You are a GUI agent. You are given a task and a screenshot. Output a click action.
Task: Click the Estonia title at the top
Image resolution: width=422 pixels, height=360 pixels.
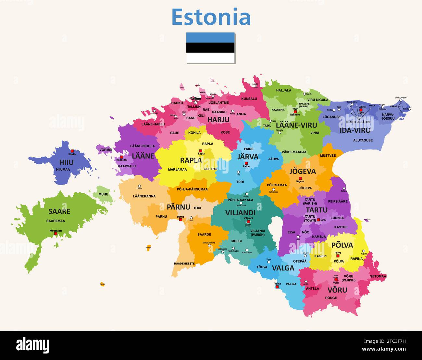(211, 18)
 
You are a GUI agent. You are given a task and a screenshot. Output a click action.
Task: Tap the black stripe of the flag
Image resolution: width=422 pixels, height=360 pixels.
(210, 48)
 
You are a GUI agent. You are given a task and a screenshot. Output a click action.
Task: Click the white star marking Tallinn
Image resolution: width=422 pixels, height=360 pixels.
(196, 102)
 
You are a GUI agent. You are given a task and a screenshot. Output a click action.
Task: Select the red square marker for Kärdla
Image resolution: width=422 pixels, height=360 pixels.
(72, 151)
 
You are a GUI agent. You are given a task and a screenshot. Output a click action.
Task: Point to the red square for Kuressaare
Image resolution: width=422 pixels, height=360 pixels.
(56, 234)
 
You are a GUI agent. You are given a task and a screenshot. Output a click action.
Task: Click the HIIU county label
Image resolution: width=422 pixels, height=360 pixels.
(66, 162)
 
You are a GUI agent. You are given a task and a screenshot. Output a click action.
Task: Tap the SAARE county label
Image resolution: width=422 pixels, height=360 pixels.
(59, 211)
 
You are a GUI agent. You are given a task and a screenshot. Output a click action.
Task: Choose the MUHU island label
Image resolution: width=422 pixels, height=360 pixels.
(103, 195)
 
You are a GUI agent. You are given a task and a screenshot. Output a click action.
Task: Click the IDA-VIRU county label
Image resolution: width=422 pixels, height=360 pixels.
(354, 130)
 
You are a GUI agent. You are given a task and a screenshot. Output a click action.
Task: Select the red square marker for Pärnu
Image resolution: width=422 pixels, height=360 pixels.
(180, 220)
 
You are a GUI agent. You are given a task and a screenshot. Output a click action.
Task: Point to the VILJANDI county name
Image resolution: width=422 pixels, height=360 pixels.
(240, 213)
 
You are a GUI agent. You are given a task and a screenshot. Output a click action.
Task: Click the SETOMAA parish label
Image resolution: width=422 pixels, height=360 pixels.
(378, 276)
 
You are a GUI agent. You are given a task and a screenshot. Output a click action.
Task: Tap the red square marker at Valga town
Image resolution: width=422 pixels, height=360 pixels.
(277, 287)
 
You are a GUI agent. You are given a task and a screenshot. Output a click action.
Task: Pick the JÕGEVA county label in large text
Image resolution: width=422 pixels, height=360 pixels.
(302, 171)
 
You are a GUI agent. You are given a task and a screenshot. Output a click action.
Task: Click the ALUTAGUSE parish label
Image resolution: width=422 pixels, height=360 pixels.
(363, 140)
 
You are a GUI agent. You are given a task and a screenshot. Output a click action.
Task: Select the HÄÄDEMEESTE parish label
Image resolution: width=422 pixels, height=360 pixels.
(184, 264)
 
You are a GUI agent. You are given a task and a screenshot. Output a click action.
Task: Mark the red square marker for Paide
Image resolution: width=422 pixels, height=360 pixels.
(246, 163)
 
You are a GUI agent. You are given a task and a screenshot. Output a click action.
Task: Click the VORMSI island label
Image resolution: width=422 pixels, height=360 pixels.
(106, 150)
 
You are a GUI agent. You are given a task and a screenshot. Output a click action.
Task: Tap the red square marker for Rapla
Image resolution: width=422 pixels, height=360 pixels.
(201, 151)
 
